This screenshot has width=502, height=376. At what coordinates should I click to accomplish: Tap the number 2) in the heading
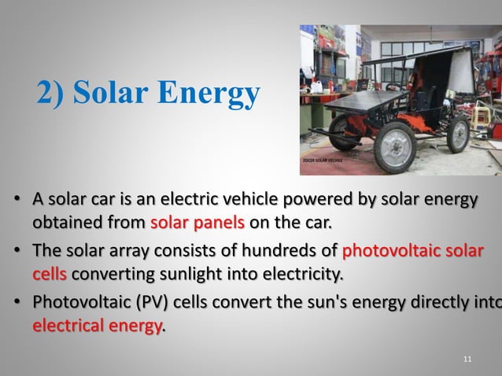coord(52,94)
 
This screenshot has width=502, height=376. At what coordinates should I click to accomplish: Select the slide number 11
coord(468,359)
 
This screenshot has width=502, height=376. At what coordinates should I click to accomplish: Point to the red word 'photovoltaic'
coord(386,253)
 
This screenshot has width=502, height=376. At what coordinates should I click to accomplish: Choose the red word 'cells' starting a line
coord(49,275)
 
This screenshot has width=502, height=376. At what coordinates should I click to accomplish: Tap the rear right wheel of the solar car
coord(458,133)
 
